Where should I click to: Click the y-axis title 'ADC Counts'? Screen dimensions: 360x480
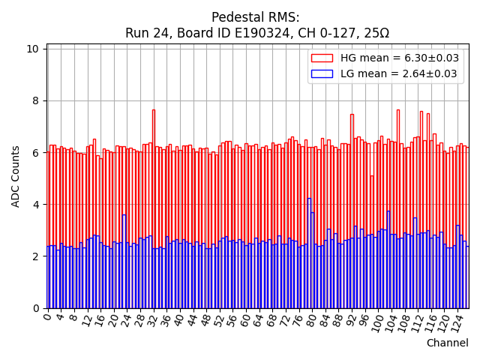click(x=16, y=176)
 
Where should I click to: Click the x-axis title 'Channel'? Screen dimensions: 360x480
click(x=447, y=343)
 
